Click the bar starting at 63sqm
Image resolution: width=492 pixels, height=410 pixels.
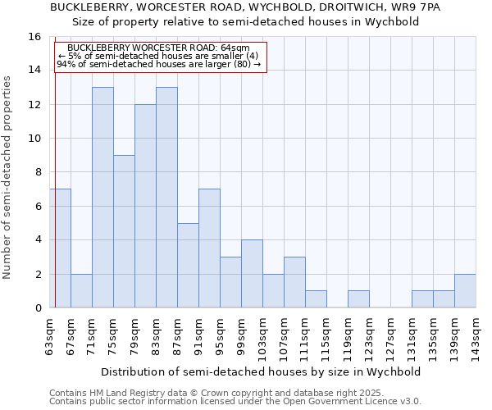click(x=60, y=248)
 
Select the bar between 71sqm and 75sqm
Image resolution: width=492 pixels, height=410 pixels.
click(x=102, y=197)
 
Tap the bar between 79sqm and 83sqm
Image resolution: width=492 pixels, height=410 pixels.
click(x=145, y=206)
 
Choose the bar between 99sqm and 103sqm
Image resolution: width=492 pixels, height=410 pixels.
click(x=252, y=274)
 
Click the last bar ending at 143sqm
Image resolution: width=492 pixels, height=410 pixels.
click(x=465, y=291)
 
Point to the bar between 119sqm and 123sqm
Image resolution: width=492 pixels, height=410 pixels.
click(x=358, y=299)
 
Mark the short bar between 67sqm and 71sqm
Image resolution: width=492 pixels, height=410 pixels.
click(x=81, y=291)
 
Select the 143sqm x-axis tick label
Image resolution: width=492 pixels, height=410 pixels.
click(x=476, y=337)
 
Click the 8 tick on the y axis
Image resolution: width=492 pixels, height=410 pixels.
click(x=37, y=172)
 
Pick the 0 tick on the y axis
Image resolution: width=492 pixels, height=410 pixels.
click(x=37, y=307)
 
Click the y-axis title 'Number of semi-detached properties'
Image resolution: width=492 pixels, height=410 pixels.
click(x=8, y=177)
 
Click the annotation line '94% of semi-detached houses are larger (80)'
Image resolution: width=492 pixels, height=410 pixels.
click(x=159, y=64)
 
